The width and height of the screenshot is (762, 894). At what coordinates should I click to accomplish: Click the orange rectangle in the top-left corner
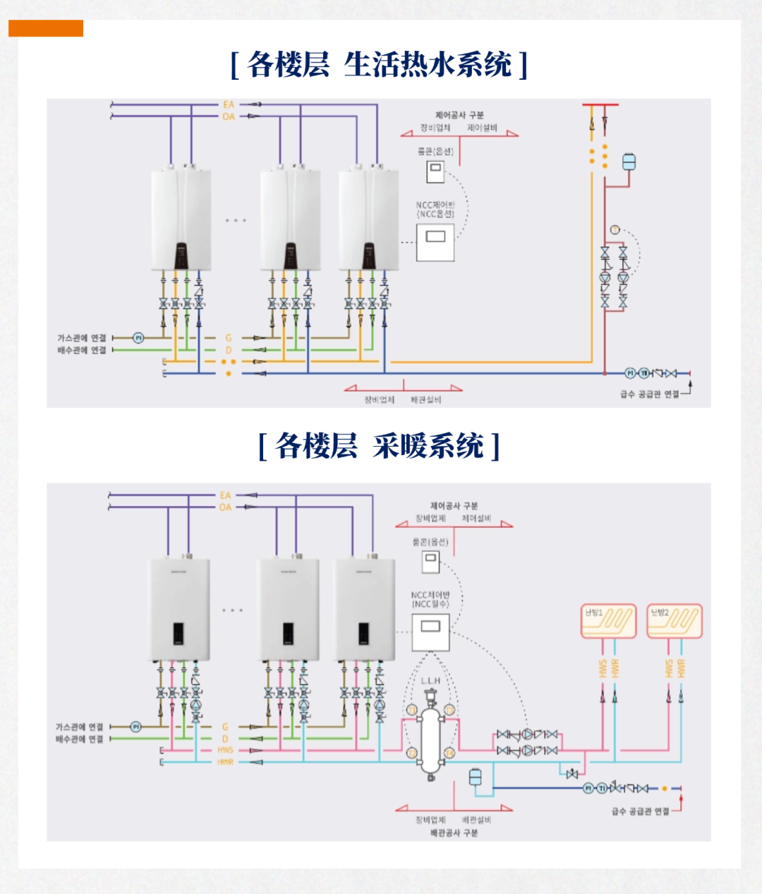pyautogui.click(x=46, y=28)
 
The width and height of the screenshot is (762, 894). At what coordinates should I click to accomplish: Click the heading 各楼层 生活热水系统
pyautogui.click(x=379, y=65)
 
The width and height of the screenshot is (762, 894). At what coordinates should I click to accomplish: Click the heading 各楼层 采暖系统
pyautogui.click(x=379, y=446)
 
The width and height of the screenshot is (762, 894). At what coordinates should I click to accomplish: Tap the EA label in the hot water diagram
pyautogui.click(x=229, y=105)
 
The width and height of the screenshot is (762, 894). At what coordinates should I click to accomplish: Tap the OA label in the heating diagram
pyautogui.click(x=225, y=507)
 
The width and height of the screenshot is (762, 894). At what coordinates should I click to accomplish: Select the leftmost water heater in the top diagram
pyautogui.click(x=181, y=219)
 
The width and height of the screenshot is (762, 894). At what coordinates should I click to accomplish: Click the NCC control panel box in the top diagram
pyautogui.click(x=435, y=241)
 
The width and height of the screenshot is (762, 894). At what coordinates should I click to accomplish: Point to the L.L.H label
pyautogui.click(x=430, y=681)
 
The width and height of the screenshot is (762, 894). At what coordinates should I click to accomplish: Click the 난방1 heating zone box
pyautogui.click(x=608, y=622)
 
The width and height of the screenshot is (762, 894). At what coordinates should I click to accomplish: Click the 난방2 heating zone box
pyautogui.click(x=675, y=622)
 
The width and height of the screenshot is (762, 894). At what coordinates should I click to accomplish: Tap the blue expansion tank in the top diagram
pyautogui.click(x=629, y=162)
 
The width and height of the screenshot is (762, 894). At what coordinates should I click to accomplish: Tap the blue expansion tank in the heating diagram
pyautogui.click(x=476, y=777)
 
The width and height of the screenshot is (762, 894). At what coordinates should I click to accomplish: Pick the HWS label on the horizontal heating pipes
pyautogui.click(x=225, y=750)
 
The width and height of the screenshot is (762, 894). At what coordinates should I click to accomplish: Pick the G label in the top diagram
pyautogui.click(x=229, y=338)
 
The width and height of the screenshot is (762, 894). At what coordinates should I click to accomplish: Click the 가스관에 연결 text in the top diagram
pyautogui.click(x=82, y=338)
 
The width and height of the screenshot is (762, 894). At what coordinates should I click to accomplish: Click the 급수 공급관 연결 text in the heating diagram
pyautogui.click(x=640, y=811)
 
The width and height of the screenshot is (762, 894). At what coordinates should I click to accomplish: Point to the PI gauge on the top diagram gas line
pyautogui.click(x=138, y=338)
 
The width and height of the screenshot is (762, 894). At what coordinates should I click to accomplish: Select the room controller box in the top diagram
pyautogui.click(x=435, y=171)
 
